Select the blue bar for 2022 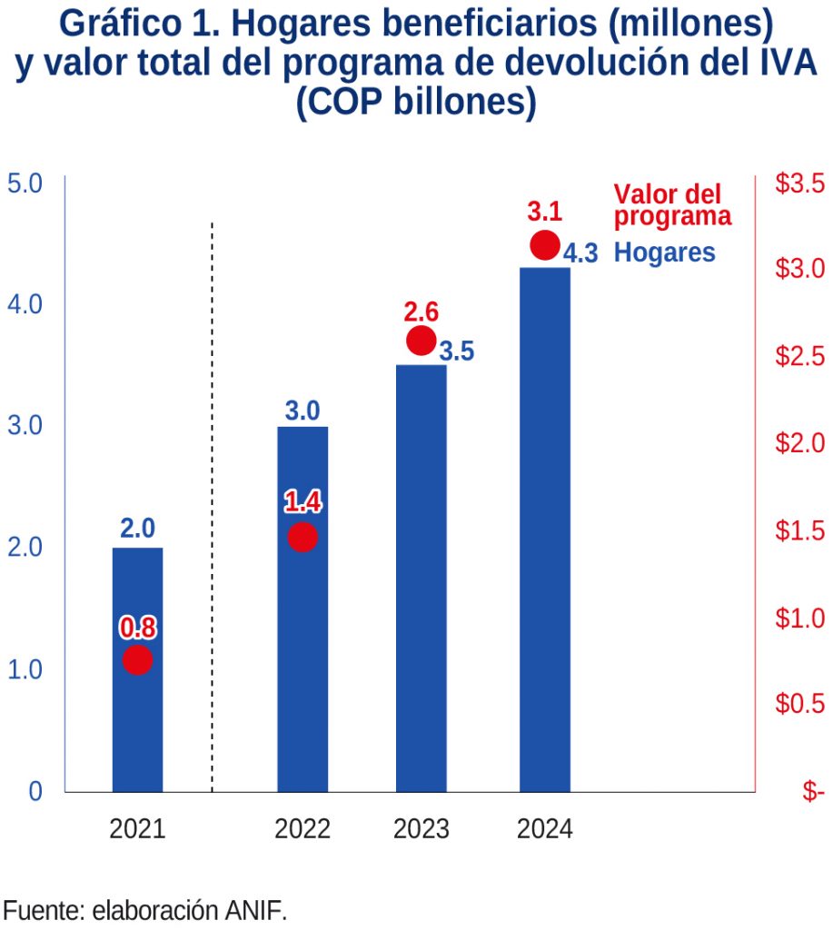coord(302,636)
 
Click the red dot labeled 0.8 coord(137,660)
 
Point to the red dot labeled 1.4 coord(302,537)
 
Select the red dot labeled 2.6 coord(421,341)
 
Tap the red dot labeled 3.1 coord(545,244)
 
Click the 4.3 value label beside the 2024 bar coord(580,253)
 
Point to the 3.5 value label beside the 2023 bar coord(457,351)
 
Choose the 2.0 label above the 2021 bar coord(137,529)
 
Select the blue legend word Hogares coord(665,252)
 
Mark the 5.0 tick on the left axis coord(25,184)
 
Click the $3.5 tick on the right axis coord(799,184)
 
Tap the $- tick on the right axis coord(812,791)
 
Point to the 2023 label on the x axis coord(421,829)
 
